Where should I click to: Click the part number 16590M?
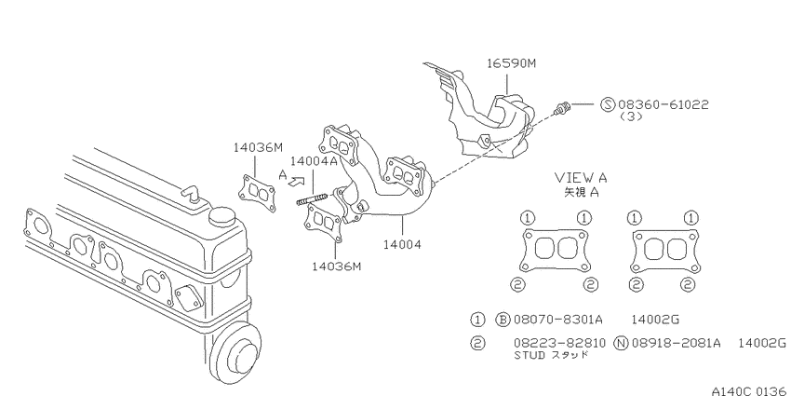[x=511, y=63]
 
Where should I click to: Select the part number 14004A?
[x=314, y=161]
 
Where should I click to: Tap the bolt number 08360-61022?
[x=664, y=104]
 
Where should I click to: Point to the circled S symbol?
[x=609, y=104]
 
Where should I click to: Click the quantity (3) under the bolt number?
[x=631, y=116]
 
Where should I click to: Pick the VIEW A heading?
[x=581, y=177]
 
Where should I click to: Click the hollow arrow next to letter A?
[x=297, y=181]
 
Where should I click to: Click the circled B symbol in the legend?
[x=503, y=320]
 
